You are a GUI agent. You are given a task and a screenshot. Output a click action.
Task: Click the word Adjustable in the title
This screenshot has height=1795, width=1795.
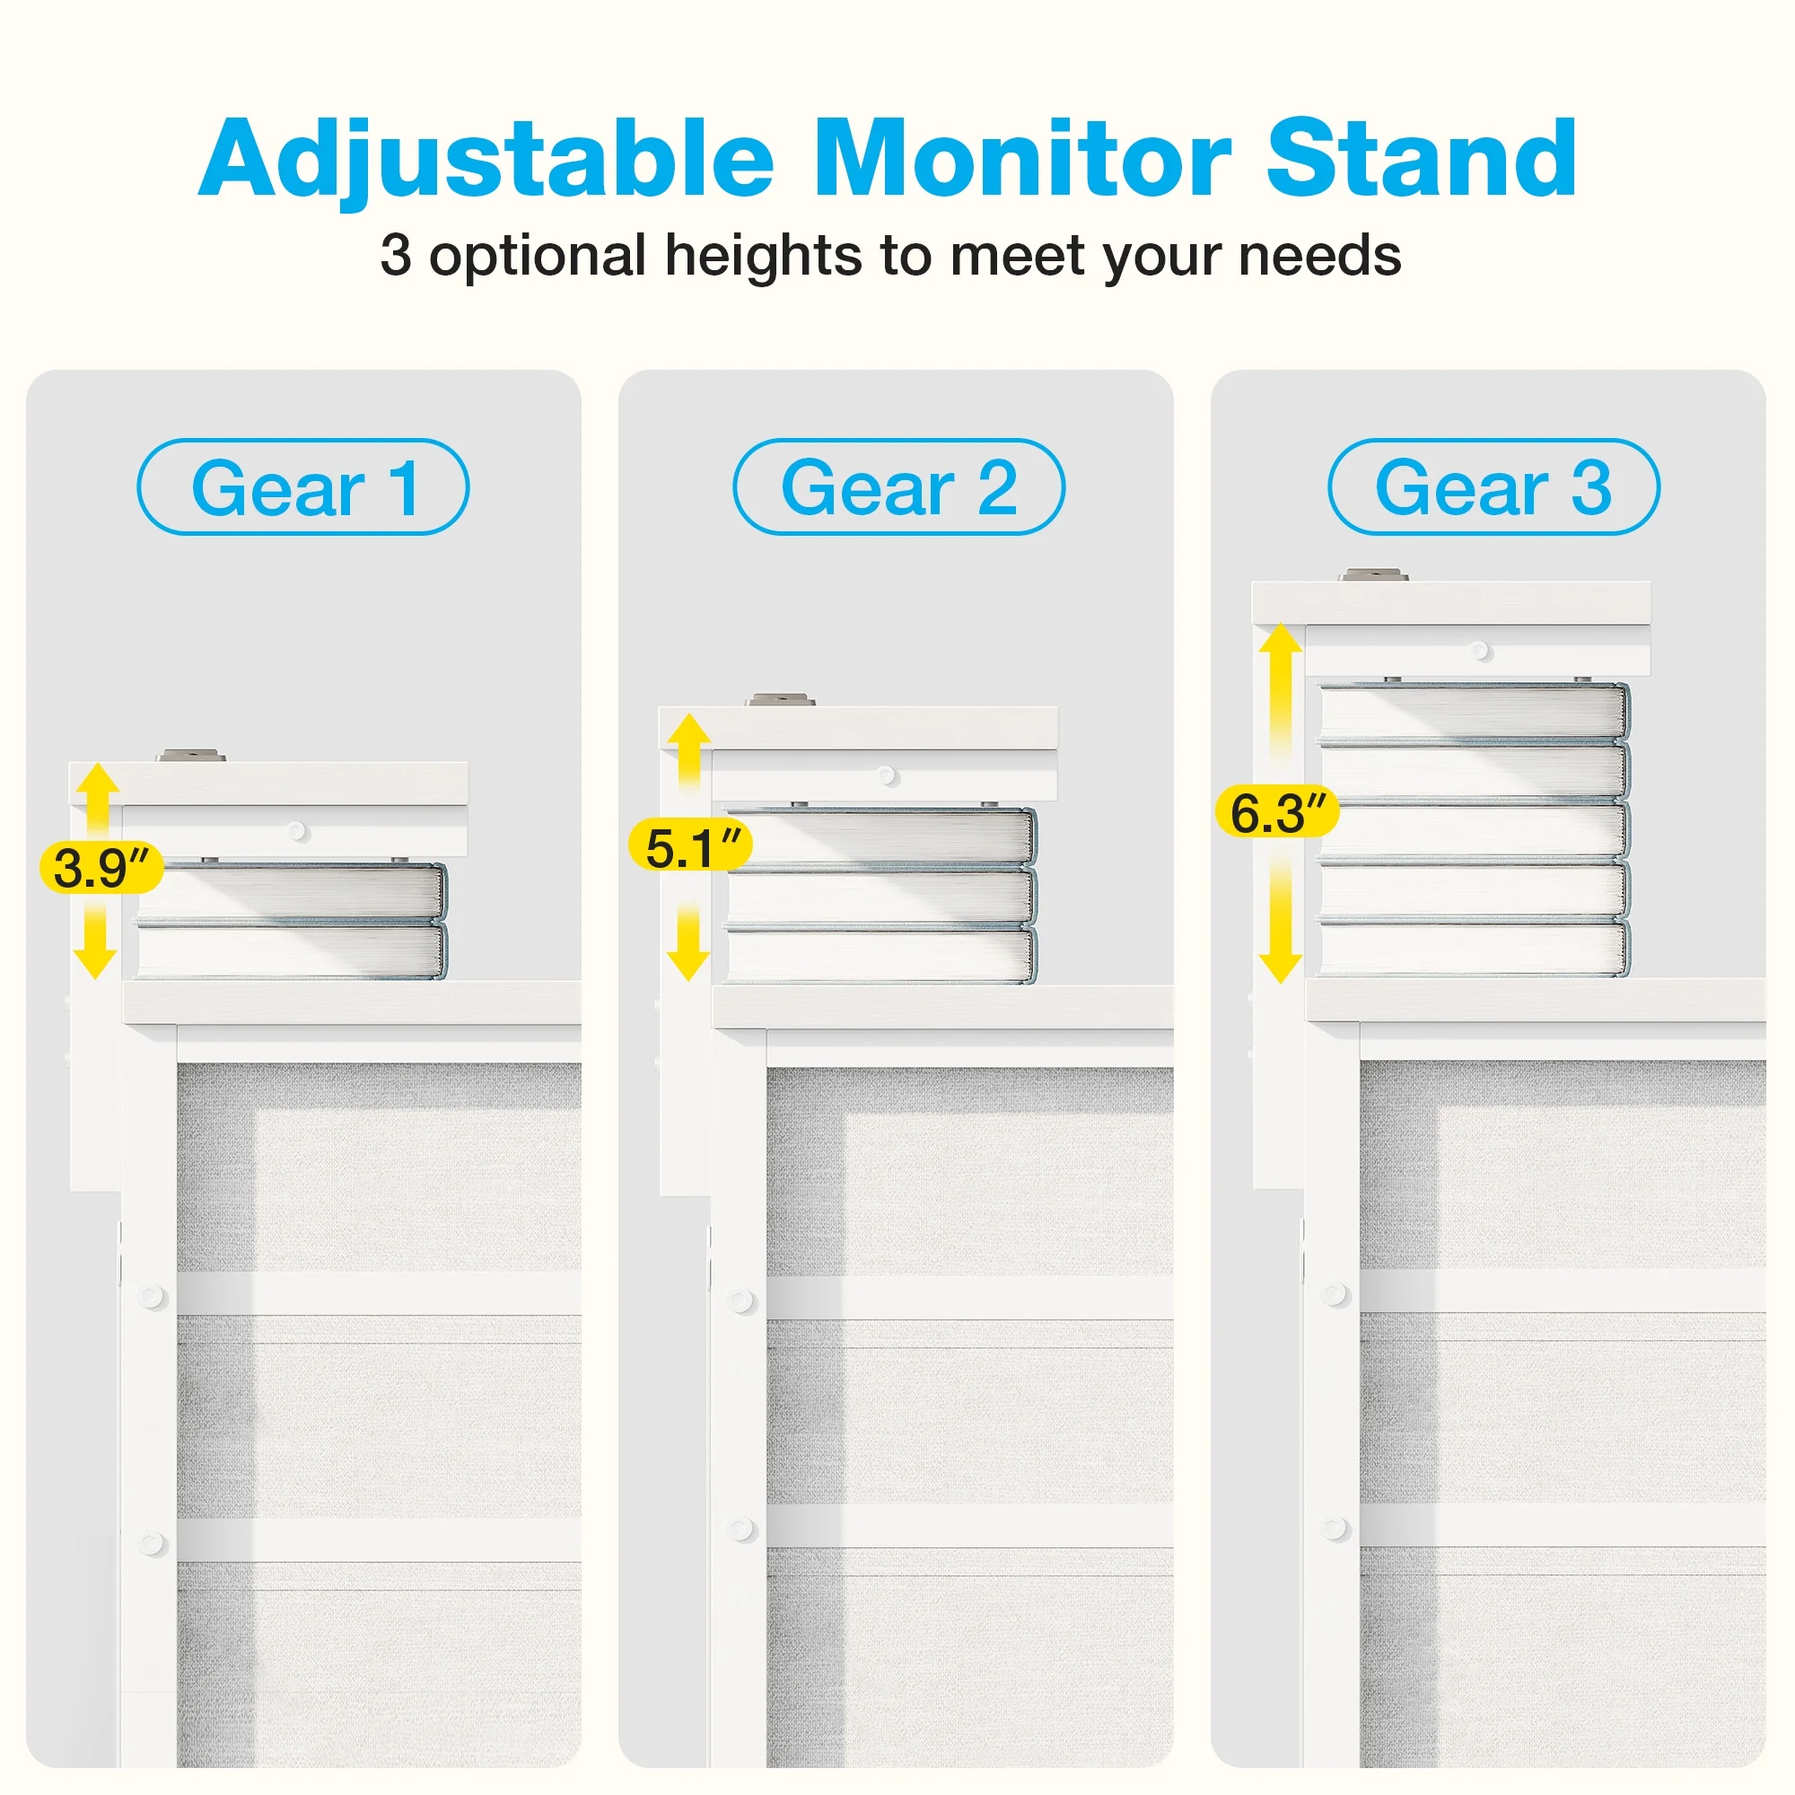486,161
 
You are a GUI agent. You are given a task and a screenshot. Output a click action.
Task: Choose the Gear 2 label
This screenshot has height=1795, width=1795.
898,486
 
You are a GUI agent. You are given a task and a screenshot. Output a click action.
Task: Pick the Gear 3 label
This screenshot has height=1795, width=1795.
1493,486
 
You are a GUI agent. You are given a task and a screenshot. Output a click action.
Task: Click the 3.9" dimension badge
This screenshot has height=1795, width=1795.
101,868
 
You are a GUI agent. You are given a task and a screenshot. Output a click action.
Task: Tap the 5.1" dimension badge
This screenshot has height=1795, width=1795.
690,846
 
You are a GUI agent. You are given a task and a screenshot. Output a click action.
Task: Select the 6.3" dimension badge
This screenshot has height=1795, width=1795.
1277,812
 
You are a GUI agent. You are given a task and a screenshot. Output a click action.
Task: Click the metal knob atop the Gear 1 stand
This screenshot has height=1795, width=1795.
190,756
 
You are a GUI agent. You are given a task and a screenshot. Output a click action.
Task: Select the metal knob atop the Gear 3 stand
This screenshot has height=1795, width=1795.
1372,575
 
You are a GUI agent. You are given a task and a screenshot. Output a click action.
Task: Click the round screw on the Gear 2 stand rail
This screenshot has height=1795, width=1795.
888,775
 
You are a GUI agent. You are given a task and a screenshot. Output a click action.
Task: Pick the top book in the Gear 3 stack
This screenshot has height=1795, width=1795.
1474,713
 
